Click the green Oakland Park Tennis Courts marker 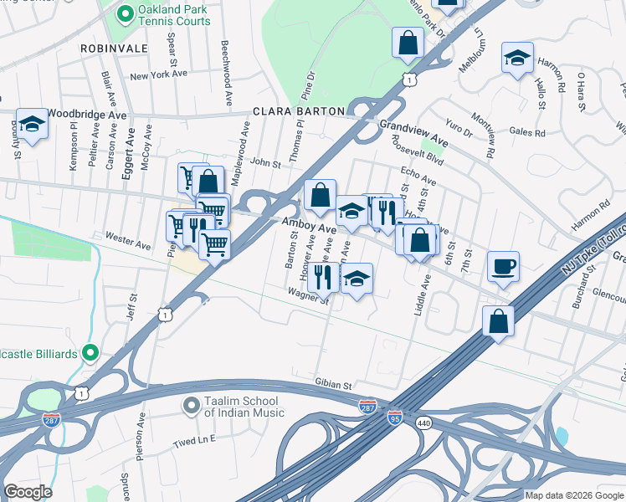[x=125, y=13]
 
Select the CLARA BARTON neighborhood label [x=299, y=111]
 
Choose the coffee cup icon [x=503, y=267]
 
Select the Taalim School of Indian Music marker [x=191, y=406]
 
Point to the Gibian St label [x=333, y=385]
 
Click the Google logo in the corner [x=28, y=492]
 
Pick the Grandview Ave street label [x=413, y=133]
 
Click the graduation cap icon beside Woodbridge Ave [x=32, y=124]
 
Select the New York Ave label [x=156, y=76]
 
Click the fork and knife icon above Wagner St [x=323, y=276]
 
